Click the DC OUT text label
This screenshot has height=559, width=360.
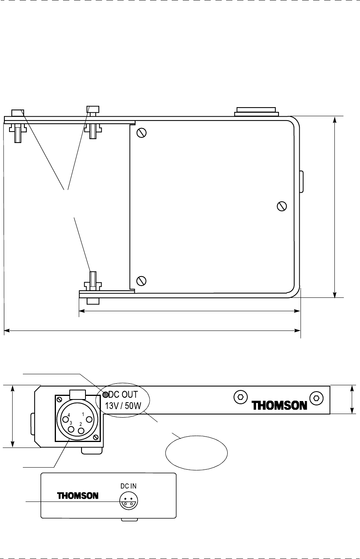tap(123, 395)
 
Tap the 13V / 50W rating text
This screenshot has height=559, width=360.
tap(123, 406)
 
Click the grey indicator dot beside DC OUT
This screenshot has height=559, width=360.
tap(106, 395)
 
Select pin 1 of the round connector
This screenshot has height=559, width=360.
tap(89, 419)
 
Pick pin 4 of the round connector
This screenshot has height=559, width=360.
tap(65, 419)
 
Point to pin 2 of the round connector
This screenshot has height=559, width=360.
tap(81, 431)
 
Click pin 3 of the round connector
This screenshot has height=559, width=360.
tap(71, 429)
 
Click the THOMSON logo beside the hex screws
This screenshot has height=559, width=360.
tap(279, 405)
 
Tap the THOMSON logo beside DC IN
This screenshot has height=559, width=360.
tap(78, 496)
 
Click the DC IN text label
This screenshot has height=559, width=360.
tap(128, 486)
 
